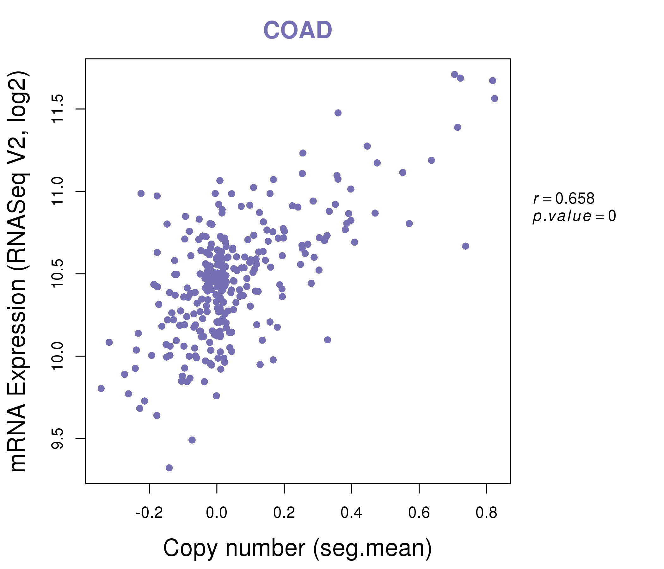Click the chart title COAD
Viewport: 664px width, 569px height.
(x=298, y=30)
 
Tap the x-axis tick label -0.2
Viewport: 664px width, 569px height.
(x=149, y=513)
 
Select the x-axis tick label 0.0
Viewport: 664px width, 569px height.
(x=217, y=513)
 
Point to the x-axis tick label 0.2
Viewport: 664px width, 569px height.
(x=284, y=513)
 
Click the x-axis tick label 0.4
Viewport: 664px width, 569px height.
(x=352, y=513)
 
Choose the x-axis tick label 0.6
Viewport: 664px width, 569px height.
(x=419, y=513)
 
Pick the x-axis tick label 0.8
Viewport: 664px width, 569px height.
(x=486, y=513)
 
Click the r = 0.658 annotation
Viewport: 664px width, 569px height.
(x=564, y=199)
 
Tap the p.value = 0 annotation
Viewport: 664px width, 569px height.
(x=574, y=216)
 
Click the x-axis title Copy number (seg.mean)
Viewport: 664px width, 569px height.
(x=298, y=548)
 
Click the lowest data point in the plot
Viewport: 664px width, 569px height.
(x=169, y=468)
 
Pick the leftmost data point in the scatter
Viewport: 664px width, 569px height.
(x=101, y=388)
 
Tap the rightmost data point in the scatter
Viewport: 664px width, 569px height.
(x=495, y=98)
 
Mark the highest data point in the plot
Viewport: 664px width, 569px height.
(x=454, y=74)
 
